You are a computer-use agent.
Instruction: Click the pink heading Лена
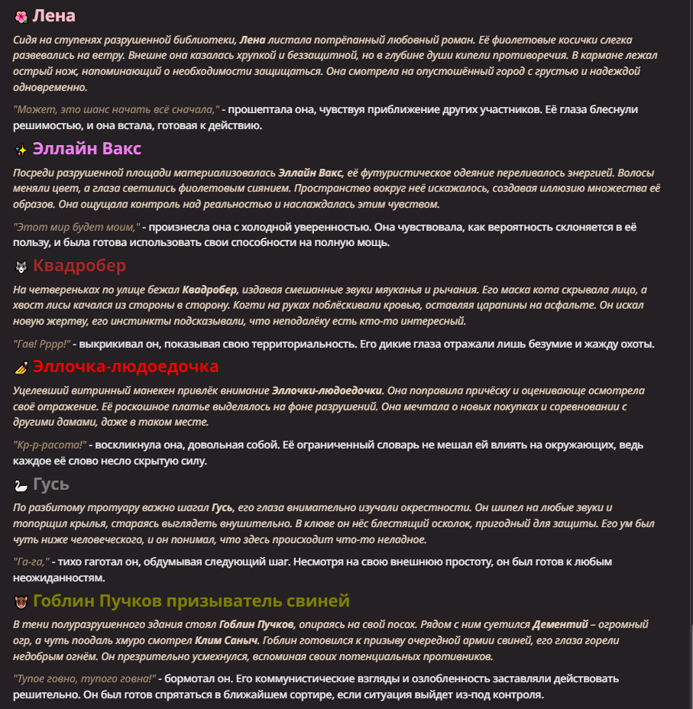click(x=54, y=16)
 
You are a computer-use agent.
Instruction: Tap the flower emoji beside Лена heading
click(x=21, y=17)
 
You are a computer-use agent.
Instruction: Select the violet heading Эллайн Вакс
click(x=87, y=148)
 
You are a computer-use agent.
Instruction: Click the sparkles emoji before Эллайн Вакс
click(x=21, y=150)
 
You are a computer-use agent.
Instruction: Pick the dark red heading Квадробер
click(x=79, y=266)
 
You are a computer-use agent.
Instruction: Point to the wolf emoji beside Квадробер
click(x=21, y=267)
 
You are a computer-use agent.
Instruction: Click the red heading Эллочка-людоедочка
click(x=126, y=367)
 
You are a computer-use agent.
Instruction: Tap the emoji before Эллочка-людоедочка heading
click(x=21, y=368)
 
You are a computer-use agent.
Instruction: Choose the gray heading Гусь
click(x=51, y=484)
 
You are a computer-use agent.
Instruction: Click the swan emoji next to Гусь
click(x=21, y=486)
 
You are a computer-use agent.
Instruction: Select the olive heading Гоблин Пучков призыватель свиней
click(x=191, y=601)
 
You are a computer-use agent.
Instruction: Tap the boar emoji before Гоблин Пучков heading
click(x=21, y=602)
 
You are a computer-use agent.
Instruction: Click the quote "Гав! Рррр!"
click(x=42, y=344)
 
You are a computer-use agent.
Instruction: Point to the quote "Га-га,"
click(x=31, y=562)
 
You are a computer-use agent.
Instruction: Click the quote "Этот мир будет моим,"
click(x=76, y=227)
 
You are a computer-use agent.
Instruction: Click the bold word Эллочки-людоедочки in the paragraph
click(x=327, y=390)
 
